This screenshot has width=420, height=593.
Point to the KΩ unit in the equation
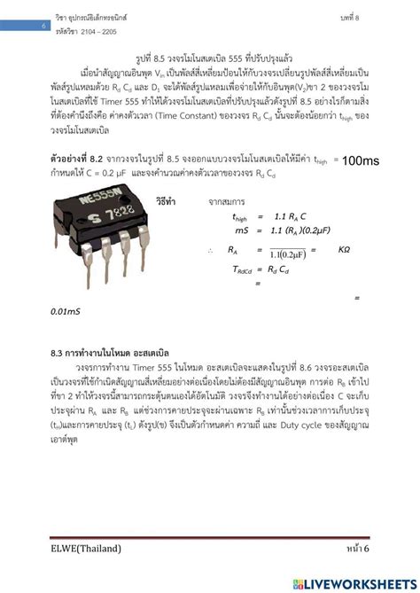tap(338, 250)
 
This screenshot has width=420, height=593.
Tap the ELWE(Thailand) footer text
tap(86, 549)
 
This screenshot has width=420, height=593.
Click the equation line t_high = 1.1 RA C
tap(269, 216)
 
